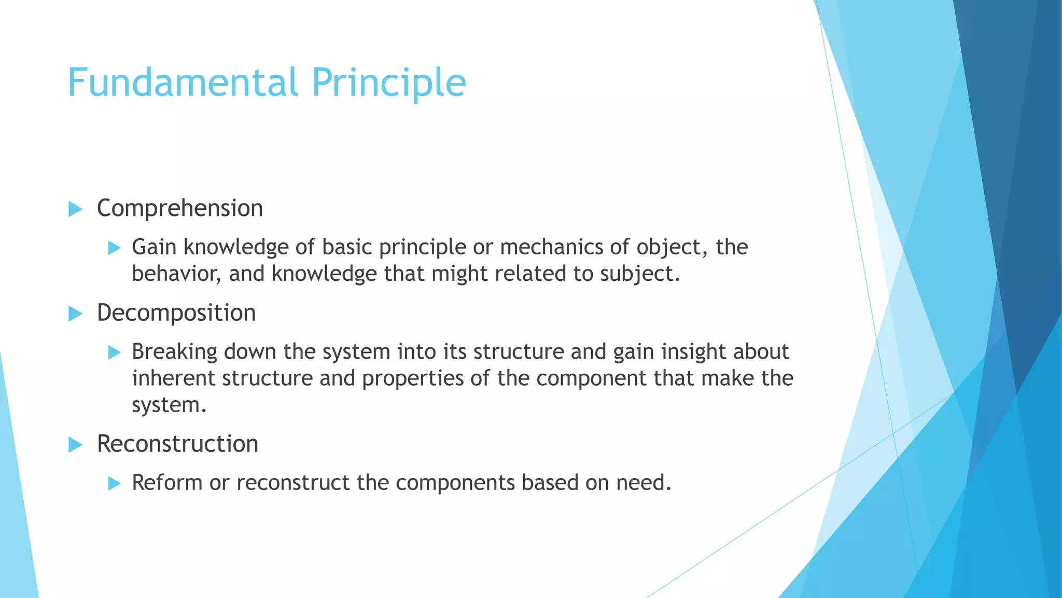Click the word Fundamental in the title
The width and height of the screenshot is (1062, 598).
[x=183, y=83]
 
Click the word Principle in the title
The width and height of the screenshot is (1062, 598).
[x=388, y=83]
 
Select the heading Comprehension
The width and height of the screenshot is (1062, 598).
[x=180, y=209]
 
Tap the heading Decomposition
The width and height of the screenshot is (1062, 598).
[x=176, y=313]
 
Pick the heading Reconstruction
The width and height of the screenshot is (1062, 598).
[x=177, y=444]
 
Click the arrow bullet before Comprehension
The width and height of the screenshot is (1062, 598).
[x=75, y=210]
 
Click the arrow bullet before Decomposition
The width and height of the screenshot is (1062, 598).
[x=75, y=314]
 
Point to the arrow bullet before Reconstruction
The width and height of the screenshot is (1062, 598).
[x=75, y=445]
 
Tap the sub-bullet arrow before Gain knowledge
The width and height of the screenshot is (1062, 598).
[x=114, y=248]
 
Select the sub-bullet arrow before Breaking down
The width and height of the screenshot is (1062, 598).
[x=114, y=353]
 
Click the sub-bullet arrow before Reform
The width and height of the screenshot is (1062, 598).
[x=114, y=484]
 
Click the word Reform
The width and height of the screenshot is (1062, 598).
[x=167, y=483]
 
